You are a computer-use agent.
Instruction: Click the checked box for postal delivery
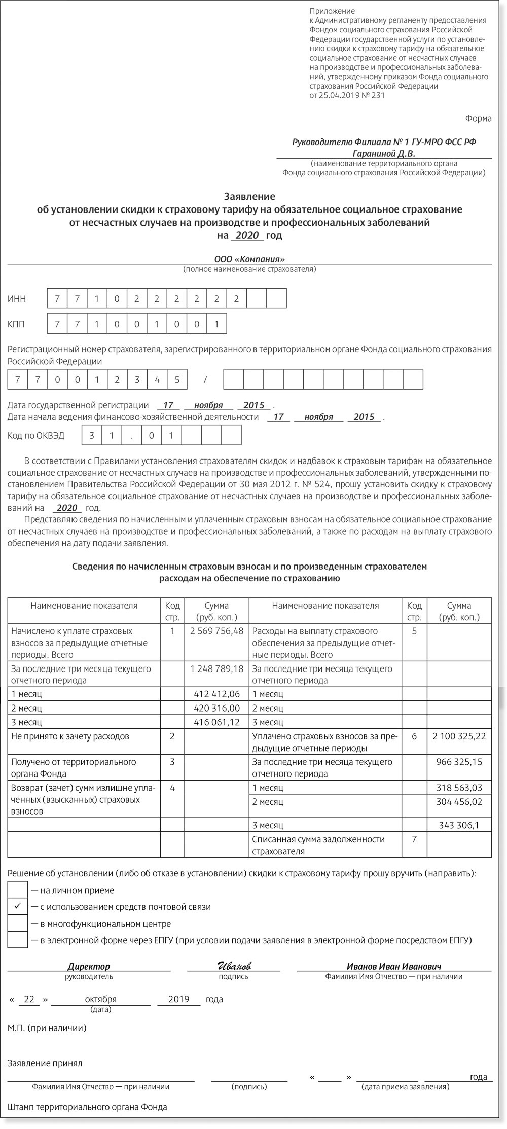click(x=18, y=906)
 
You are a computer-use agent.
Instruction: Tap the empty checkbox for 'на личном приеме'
click(x=18, y=890)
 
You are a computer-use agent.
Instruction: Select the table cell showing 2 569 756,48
click(x=216, y=631)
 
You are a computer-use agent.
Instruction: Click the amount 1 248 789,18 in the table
click(x=216, y=668)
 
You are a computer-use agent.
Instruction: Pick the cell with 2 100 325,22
click(x=459, y=735)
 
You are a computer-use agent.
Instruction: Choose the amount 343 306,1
click(x=459, y=825)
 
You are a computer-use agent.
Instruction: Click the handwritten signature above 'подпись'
click(x=233, y=966)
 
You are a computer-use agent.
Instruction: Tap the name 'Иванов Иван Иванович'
click(x=394, y=966)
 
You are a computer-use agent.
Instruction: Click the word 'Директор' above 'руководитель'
click(x=89, y=966)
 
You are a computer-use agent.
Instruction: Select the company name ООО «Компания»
click(x=249, y=258)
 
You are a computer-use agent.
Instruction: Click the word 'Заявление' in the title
click(x=249, y=196)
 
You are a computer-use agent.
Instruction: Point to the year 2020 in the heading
click(x=247, y=235)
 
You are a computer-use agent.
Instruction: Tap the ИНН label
click(x=17, y=299)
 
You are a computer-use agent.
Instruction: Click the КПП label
click(x=17, y=324)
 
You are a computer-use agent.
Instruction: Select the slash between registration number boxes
click(x=205, y=379)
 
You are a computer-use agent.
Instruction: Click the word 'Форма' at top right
click(x=478, y=119)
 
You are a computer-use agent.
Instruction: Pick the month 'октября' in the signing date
click(x=101, y=999)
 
